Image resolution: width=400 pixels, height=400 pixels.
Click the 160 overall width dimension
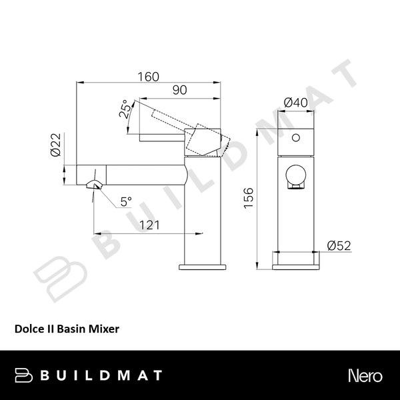click(149, 76)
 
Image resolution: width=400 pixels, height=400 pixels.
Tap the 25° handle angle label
click(125, 109)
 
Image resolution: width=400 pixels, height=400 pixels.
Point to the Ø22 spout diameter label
click(56, 145)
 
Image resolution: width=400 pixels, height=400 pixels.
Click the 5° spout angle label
click(125, 200)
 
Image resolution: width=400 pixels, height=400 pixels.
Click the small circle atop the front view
click(295, 140)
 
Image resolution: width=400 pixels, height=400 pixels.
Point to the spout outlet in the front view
click(295, 179)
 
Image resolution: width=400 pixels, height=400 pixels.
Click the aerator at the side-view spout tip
click(94, 185)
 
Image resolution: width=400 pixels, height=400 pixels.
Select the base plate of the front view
click(295, 259)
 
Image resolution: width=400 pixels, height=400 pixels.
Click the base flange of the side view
click(201, 264)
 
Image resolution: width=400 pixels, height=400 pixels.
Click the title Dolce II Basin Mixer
click(67, 328)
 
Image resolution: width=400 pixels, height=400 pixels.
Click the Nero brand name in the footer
click(365, 375)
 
